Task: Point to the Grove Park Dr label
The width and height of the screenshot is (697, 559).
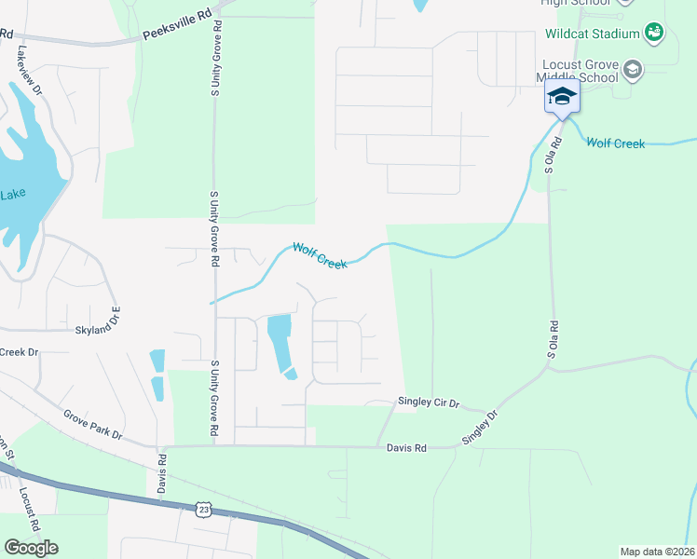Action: [x=93, y=425]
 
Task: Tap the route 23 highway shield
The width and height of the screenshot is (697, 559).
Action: [x=203, y=508]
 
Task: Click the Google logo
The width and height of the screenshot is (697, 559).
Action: [x=31, y=548]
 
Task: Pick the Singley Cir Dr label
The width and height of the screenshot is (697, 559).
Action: [x=430, y=402]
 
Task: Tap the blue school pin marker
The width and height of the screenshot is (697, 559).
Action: [x=562, y=97]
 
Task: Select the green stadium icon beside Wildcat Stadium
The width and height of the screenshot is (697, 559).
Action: [x=654, y=33]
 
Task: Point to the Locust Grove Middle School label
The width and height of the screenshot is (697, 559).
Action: [x=580, y=71]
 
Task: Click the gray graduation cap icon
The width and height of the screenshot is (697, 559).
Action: [x=633, y=69]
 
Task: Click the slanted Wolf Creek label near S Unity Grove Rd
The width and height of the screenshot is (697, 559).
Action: [x=320, y=256]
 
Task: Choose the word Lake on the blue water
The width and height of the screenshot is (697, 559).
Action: [x=13, y=194]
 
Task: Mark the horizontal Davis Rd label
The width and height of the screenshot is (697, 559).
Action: [x=406, y=448]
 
